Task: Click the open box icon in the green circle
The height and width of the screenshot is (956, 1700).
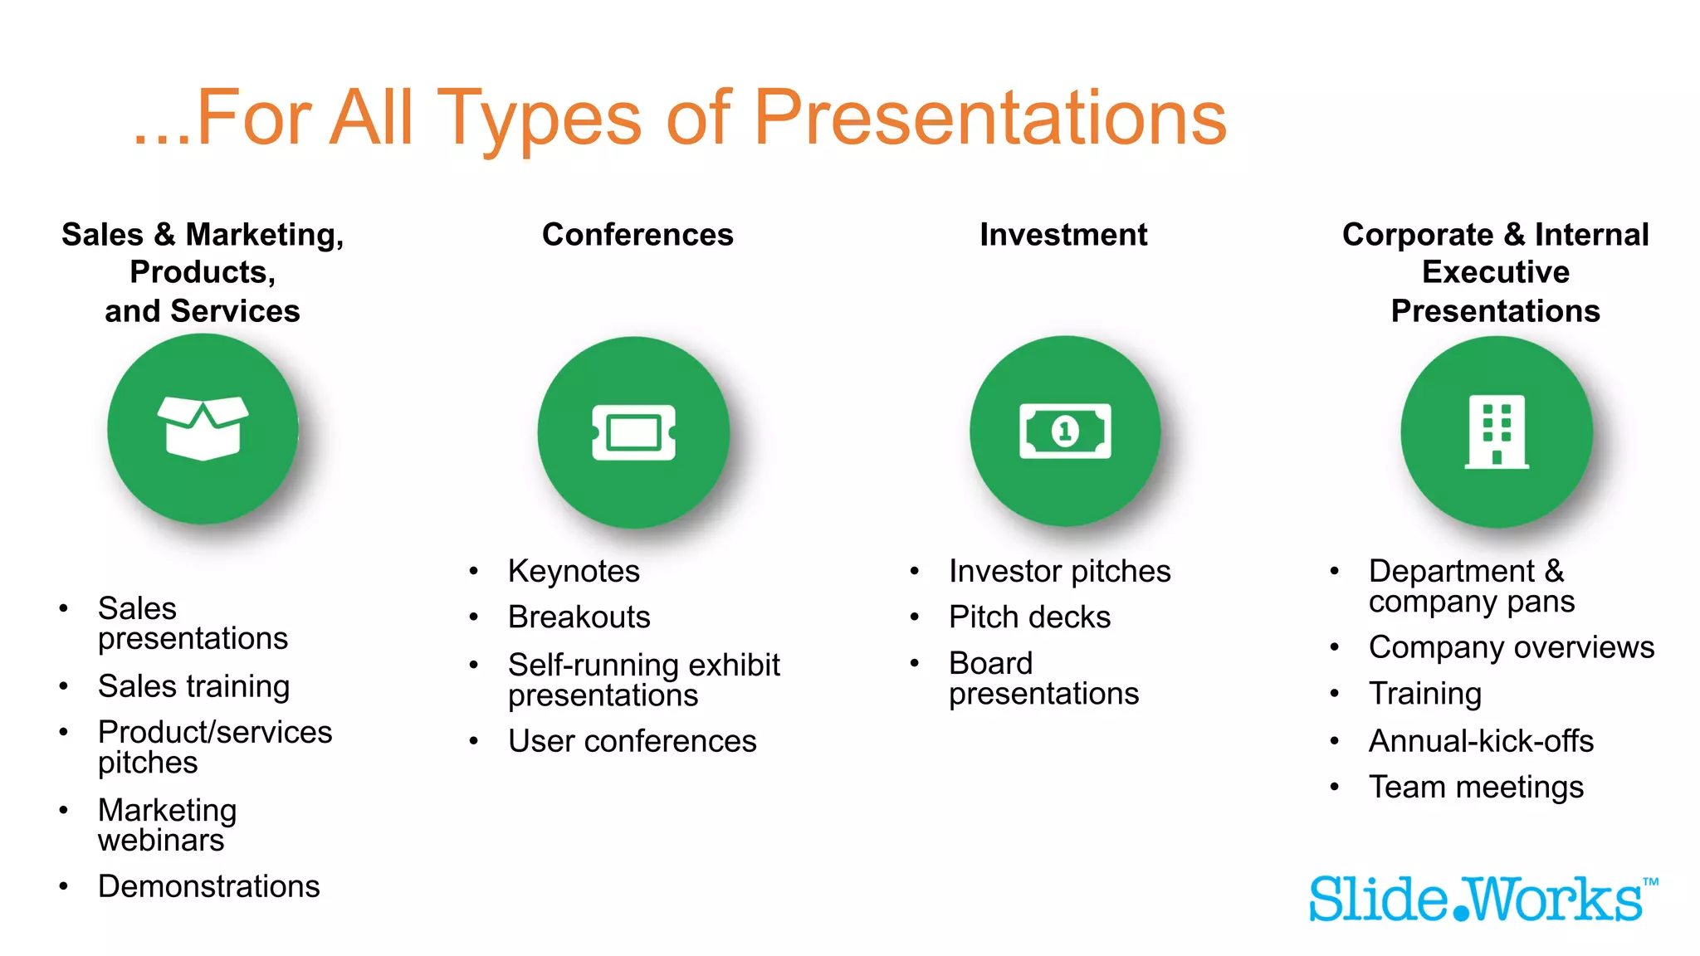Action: pyautogui.click(x=203, y=428)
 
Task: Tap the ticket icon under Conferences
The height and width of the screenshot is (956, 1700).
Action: pyautogui.click(x=633, y=432)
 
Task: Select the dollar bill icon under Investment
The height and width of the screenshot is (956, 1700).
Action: pyautogui.click(x=1065, y=431)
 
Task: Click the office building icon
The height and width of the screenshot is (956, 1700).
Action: pyautogui.click(x=1497, y=432)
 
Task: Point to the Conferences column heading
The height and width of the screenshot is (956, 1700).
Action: pyautogui.click(x=637, y=235)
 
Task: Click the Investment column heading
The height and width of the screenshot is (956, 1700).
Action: pyautogui.click(x=1063, y=235)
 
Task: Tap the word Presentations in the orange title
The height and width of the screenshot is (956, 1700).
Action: pyautogui.click(x=989, y=118)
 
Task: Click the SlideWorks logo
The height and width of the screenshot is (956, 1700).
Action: pyautogui.click(x=1483, y=900)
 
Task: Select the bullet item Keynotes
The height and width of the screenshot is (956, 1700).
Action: pyautogui.click(x=574, y=572)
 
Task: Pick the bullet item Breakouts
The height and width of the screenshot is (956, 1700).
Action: pyautogui.click(x=579, y=617)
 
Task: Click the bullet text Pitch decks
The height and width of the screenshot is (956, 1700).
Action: pyautogui.click(x=1029, y=617)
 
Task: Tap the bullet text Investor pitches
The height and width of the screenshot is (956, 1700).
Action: pyautogui.click(x=1059, y=572)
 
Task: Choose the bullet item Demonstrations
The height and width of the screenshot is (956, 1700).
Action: pyautogui.click(x=208, y=886)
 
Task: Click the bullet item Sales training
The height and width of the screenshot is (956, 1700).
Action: pyautogui.click(x=193, y=686)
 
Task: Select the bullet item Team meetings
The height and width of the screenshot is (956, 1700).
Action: pyautogui.click(x=1476, y=787)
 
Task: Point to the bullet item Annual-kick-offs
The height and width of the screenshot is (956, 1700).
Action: pyautogui.click(x=1481, y=741)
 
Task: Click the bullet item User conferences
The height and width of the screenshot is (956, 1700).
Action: pyautogui.click(x=632, y=741)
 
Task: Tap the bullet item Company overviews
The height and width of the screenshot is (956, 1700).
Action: pyautogui.click(x=1511, y=647)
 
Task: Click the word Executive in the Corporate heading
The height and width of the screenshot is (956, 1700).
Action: pyautogui.click(x=1495, y=272)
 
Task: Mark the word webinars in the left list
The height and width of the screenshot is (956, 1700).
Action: pyautogui.click(x=161, y=841)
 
